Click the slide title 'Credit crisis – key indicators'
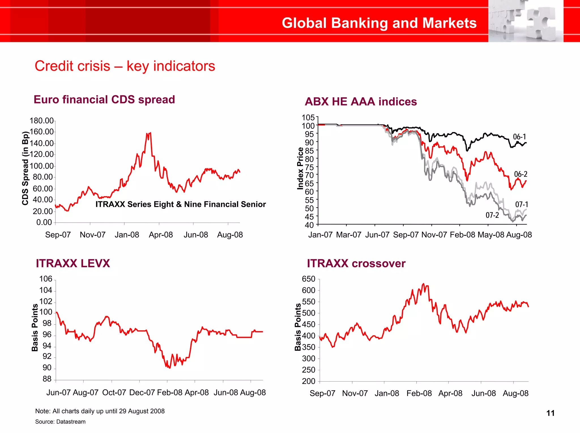pyautogui.click(x=125, y=66)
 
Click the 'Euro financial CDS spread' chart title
pyautogui.click(x=104, y=100)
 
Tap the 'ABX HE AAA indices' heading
pyautogui.click(x=361, y=102)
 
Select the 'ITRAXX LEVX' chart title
pyautogui.click(x=73, y=263)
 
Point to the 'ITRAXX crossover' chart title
pyautogui.click(x=356, y=263)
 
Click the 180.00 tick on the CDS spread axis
pyautogui.click(x=42, y=121)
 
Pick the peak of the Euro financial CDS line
pyautogui.click(x=150, y=133)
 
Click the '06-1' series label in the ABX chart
pyautogui.click(x=519, y=137)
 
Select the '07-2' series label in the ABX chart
pyautogui.click(x=492, y=215)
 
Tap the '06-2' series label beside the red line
pyautogui.click(x=521, y=174)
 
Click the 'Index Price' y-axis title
pyautogui.click(x=300, y=169)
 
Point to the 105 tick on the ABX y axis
pyautogui.click(x=308, y=117)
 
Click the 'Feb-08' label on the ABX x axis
pyautogui.click(x=462, y=235)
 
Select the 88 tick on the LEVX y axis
pyautogui.click(x=47, y=379)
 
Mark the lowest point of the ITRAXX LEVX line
pyautogui.click(x=169, y=368)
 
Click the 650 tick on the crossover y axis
pyautogui.click(x=308, y=279)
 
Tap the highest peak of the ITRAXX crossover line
pyautogui.click(x=423, y=284)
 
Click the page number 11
pyautogui.click(x=550, y=413)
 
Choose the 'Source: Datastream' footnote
pyautogui.click(x=60, y=422)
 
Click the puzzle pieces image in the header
pyautogui.click(x=526, y=21)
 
